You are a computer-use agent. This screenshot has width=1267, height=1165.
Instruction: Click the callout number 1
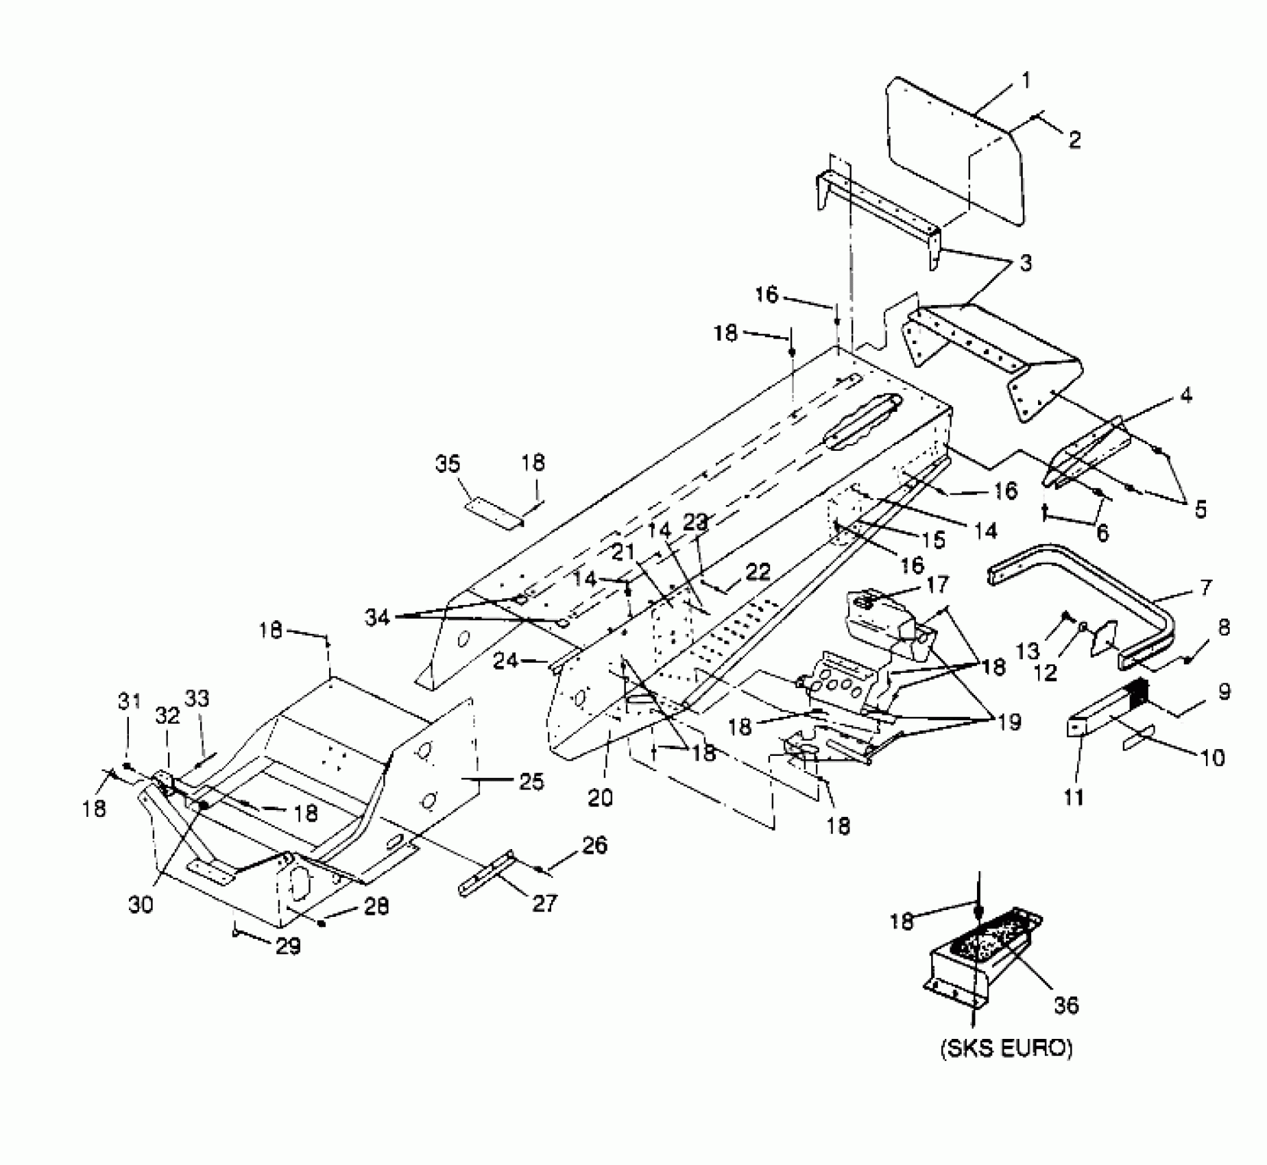[x=1026, y=82]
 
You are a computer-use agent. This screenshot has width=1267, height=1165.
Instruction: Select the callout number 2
[x=1074, y=140]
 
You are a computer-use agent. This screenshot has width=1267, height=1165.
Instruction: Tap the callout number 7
[x=1205, y=587]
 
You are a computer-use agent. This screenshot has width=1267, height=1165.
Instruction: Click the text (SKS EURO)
[x=1006, y=1048]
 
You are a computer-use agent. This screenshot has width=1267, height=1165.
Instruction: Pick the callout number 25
[x=532, y=781]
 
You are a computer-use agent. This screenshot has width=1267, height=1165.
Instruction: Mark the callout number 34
[x=377, y=617]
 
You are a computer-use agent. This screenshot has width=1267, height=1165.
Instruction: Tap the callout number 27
[x=545, y=903]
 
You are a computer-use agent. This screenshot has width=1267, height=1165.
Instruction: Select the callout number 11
[x=1074, y=797]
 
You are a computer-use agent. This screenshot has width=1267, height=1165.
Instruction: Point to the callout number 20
[x=601, y=797]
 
